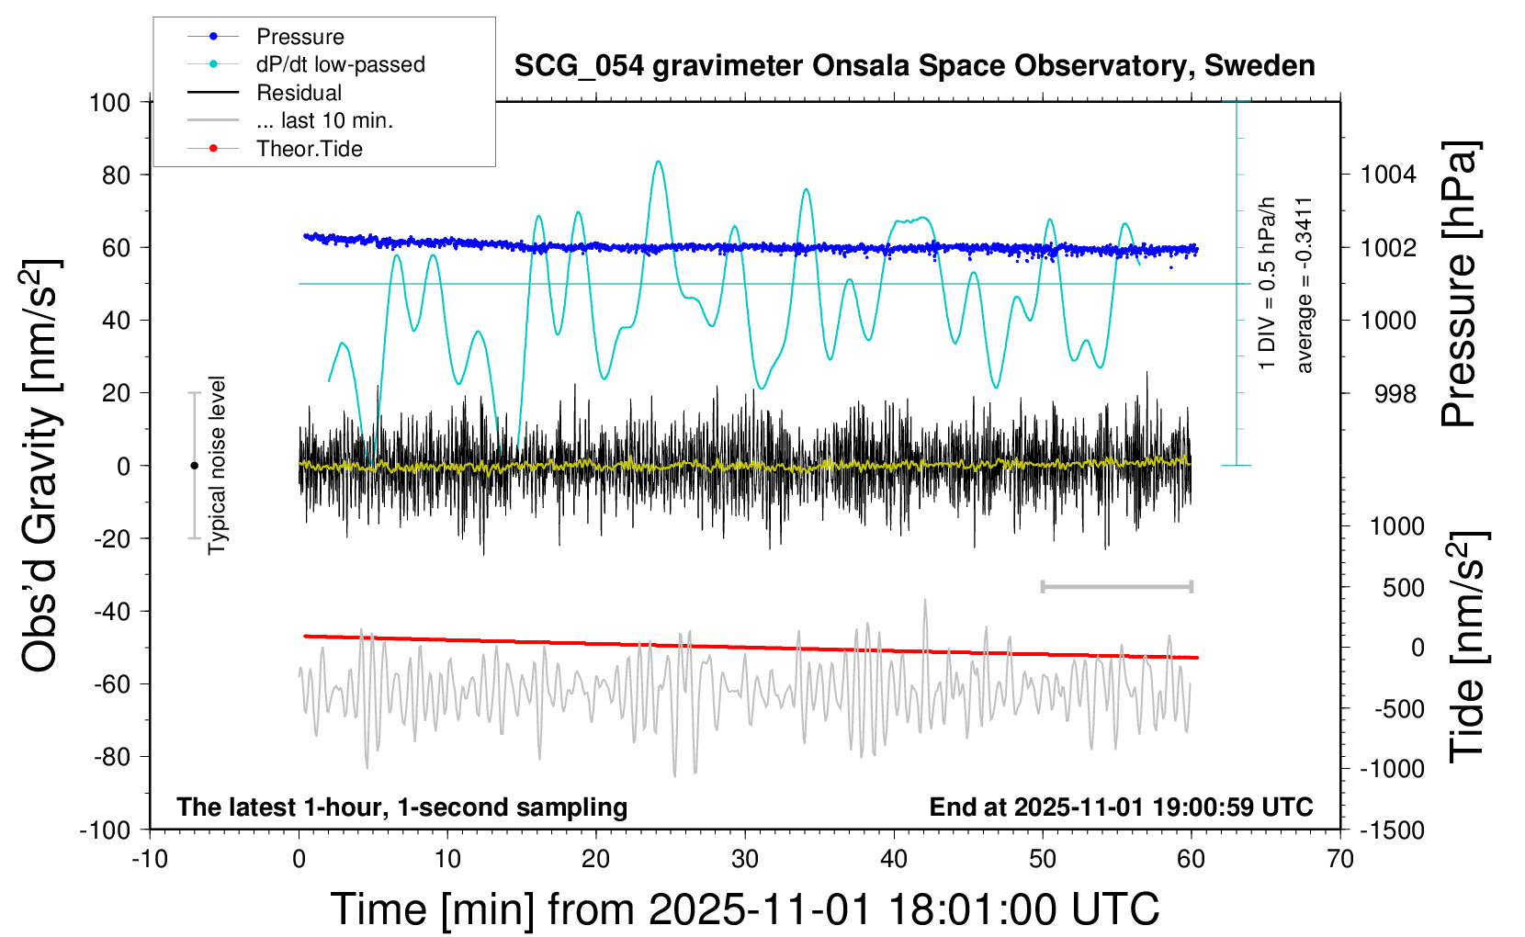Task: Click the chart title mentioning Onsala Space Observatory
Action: coord(914,66)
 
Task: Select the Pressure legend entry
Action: coord(299,37)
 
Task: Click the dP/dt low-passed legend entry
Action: coord(340,64)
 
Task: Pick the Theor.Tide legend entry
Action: coord(309,149)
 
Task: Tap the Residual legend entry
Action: coord(299,93)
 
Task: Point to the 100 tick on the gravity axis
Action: coord(110,102)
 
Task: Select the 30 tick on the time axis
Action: coord(745,859)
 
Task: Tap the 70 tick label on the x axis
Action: coord(1340,859)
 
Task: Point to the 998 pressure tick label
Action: coord(1395,394)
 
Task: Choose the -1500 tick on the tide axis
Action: coord(1392,830)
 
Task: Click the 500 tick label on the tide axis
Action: coord(1403,588)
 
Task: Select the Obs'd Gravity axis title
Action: coord(41,466)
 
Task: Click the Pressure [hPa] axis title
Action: coord(1459,284)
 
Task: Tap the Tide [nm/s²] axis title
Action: coord(1466,647)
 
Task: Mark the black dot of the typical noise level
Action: coord(194,466)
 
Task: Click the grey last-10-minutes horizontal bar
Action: coord(1116,586)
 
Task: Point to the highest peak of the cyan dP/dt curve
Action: coord(658,162)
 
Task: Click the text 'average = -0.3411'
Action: coord(1305,285)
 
